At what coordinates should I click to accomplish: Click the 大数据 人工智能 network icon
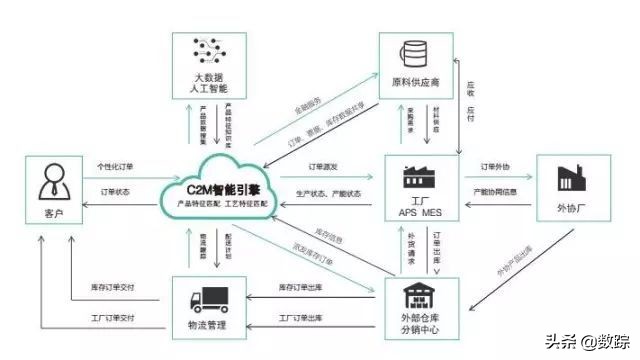tap(208, 56)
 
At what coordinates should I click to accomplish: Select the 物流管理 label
tap(209, 326)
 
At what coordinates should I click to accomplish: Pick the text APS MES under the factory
tap(418, 213)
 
